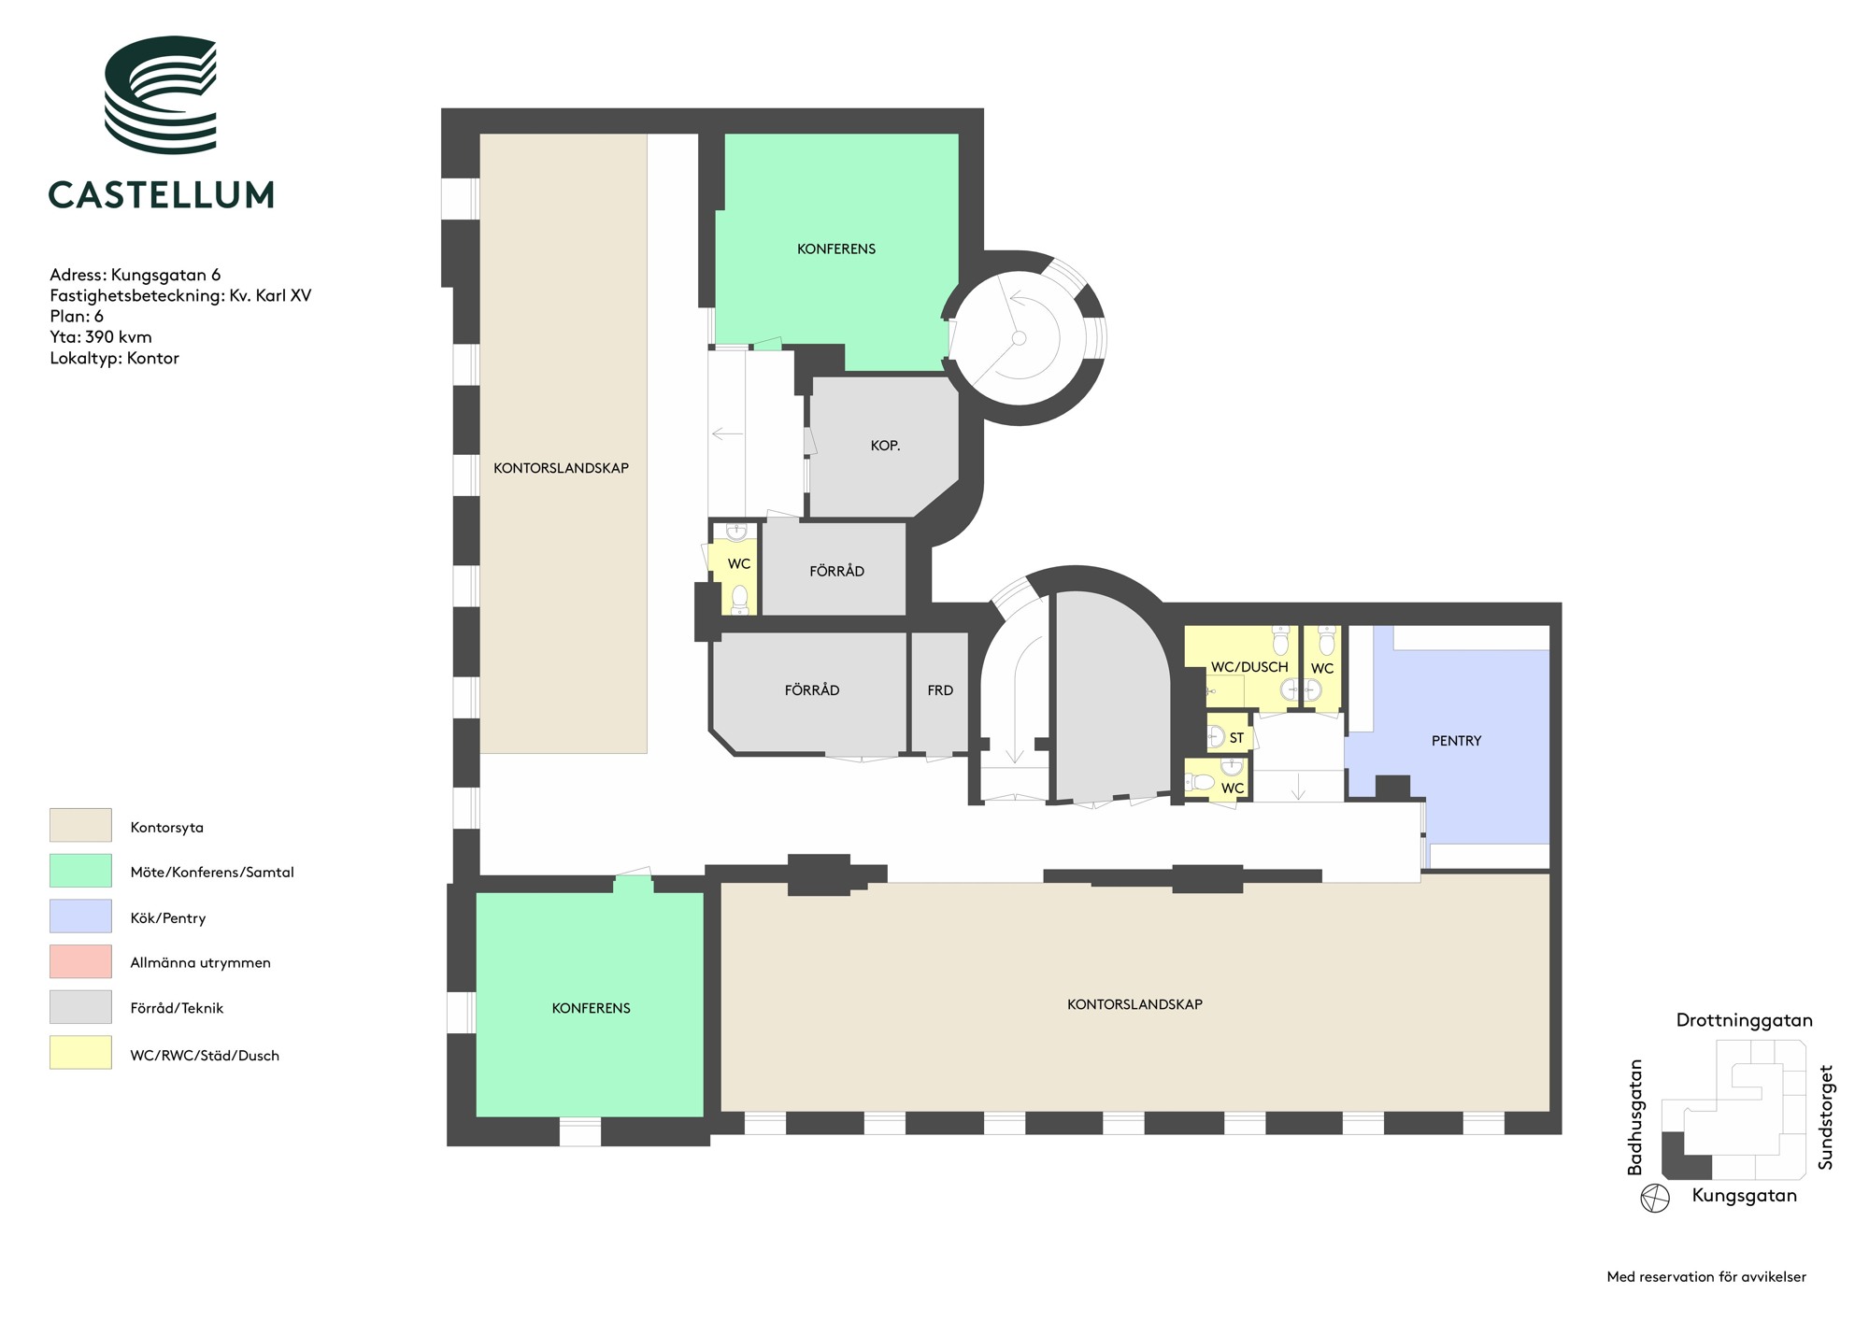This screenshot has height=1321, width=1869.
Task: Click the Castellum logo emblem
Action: pos(161,95)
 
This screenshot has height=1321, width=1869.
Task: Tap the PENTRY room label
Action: pos(1456,741)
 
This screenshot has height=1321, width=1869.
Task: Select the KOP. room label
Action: pos(885,446)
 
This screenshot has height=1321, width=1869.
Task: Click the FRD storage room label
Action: pos(940,690)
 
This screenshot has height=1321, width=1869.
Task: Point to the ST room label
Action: pos(1236,738)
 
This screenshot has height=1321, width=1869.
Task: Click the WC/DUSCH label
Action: pos(1249,667)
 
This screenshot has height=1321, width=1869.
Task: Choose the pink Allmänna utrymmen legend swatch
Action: pos(80,961)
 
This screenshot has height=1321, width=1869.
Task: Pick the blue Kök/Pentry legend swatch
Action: pos(80,916)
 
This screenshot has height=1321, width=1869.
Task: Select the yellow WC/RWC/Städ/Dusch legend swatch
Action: pos(80,1053)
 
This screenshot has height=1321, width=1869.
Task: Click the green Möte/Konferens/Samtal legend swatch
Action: pos(80,871)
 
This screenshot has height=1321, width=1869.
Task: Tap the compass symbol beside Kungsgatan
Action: pos(1655,1198)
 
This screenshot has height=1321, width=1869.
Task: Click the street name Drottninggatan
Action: pos(1744,1020)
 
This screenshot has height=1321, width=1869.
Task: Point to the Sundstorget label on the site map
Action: pos(1825,1117)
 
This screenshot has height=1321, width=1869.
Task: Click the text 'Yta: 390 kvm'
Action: pos(101,337)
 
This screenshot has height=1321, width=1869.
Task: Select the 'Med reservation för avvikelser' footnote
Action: pos(1706,1276)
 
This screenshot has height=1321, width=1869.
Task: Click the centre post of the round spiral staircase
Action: pos(1020,338)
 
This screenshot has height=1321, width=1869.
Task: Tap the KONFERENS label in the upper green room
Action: pos(836,249)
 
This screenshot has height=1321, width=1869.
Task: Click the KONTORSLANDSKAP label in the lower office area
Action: pos(1134,1004)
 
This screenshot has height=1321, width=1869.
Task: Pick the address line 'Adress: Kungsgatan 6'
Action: pos(136,275)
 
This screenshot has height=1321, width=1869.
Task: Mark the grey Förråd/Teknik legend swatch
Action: pos(80,1007)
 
